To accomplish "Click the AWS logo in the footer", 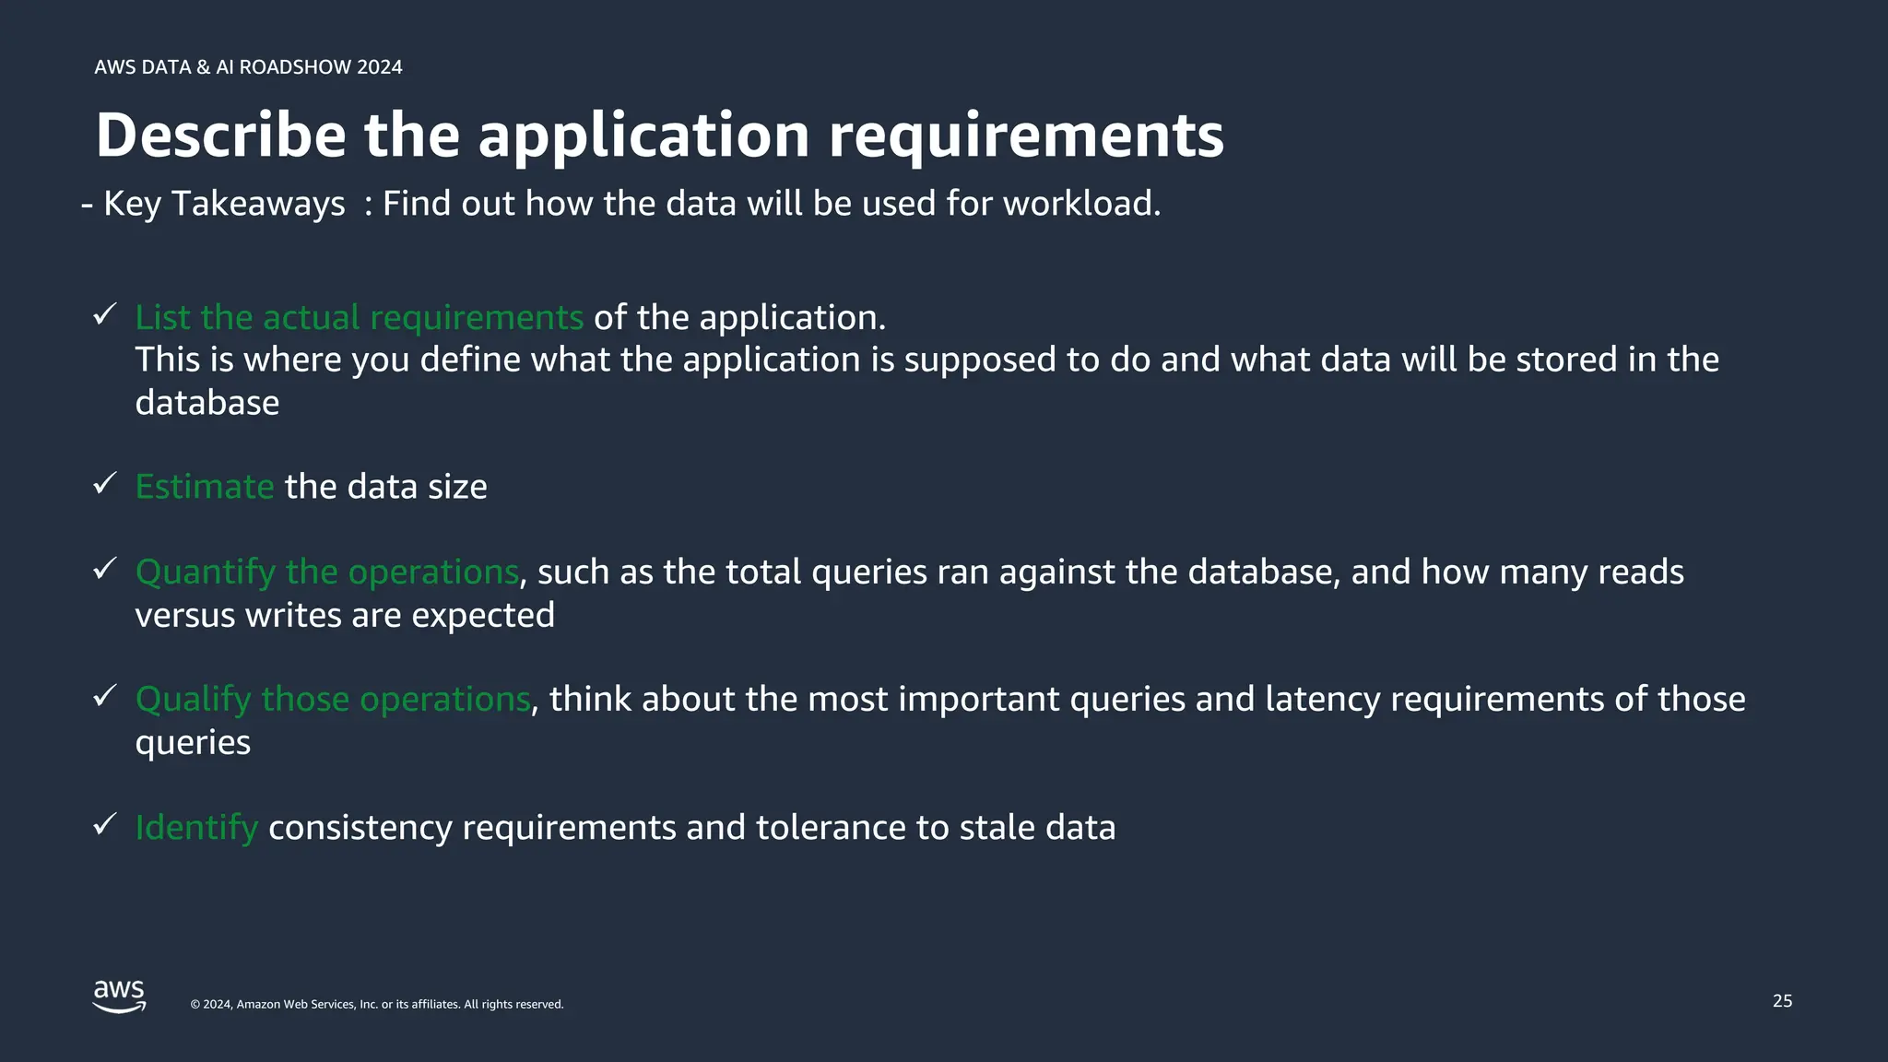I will click(x=119, y=997).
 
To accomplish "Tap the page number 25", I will click(x=1782, y=1001).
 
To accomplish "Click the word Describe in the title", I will click(x=220, y=135).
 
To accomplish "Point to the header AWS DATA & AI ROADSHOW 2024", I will click(x=248, y=67).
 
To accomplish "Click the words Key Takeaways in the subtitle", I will click(x=224, y=203).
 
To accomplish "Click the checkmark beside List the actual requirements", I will click(x=104, y=314).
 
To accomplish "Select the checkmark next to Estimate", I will click(x=104, y=483).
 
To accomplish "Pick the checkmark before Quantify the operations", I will click(x=104, y=569).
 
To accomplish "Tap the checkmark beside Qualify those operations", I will click(x=104, y=696).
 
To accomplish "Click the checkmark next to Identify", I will click(x=104, y=824).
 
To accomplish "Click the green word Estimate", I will click(x=205, y=487).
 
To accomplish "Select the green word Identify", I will click(x=196, y=828).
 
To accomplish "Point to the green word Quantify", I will click(x=205, y=572).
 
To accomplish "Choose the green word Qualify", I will click(x=193, y=700).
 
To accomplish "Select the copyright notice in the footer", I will click(x=377, y=1005).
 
